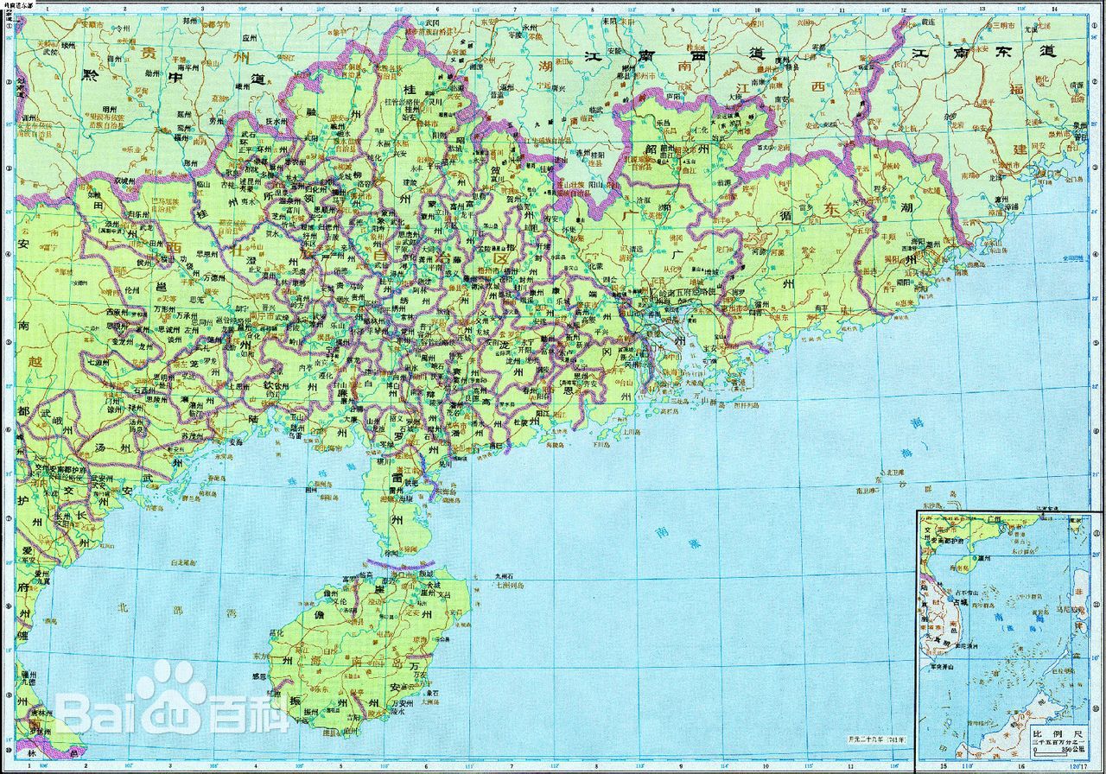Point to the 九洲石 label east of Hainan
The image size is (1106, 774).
(x=504, y=577)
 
